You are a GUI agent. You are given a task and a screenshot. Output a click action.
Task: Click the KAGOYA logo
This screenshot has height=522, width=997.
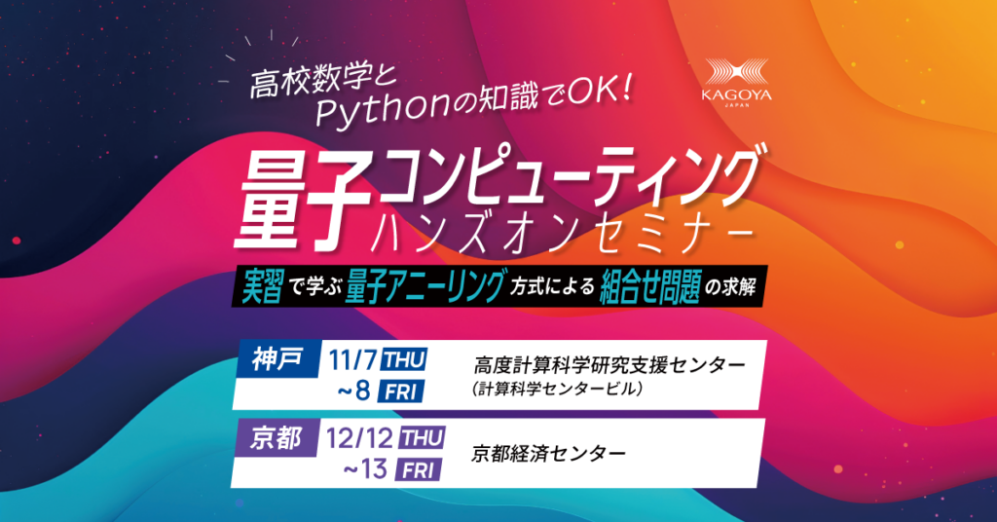point(737,83)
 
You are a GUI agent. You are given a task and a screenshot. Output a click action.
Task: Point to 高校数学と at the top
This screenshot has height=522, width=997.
point(322,82)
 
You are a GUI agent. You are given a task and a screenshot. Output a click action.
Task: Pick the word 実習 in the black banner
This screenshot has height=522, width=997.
point(262,288)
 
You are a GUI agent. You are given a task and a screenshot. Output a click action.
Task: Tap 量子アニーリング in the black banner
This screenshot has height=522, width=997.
point(425,287)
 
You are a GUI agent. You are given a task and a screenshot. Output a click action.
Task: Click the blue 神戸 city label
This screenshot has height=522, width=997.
point(277,360)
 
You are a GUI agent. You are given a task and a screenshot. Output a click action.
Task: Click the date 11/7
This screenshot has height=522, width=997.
point(352,360)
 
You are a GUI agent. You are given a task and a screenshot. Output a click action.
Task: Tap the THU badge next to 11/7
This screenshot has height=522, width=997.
point(404,360)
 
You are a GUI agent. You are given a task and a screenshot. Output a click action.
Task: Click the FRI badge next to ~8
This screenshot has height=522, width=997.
point(400,391)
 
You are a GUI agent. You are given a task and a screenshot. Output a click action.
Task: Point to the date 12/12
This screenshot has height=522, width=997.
point(360,438)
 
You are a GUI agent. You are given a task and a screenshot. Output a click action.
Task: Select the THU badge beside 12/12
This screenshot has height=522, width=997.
point(422,438)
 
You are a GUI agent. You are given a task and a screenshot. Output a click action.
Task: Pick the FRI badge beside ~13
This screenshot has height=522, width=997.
point(418,470)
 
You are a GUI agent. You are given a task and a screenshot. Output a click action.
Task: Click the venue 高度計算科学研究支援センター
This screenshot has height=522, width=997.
point(609,365)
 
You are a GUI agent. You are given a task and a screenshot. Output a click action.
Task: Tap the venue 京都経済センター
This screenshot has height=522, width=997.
point(548,453)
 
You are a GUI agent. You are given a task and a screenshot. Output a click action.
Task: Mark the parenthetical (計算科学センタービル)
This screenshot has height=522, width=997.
point(558,389)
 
